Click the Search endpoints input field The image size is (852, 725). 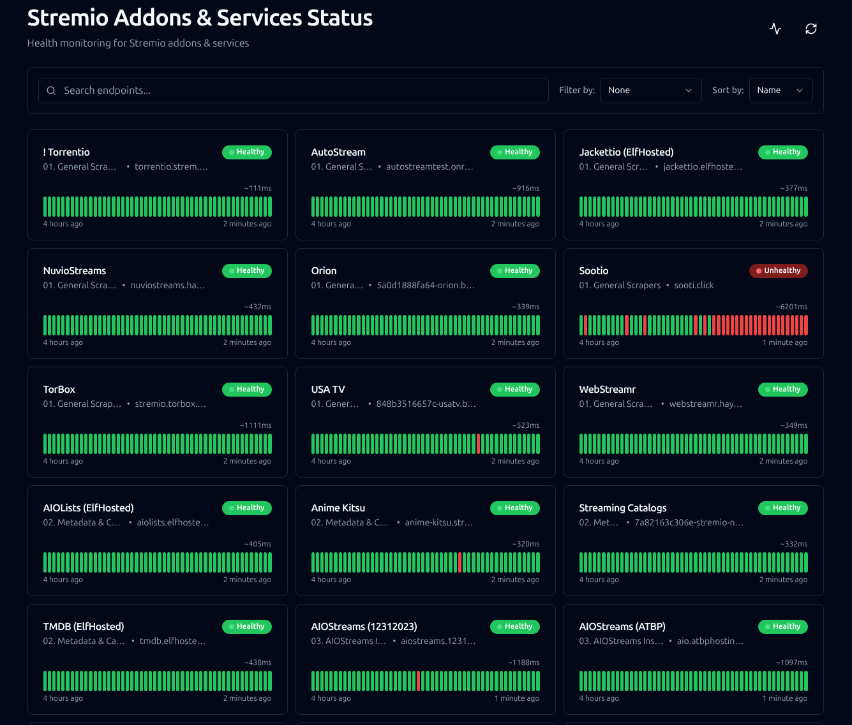pyautogui.click(x=293, y=90)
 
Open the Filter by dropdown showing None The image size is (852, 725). pyautogui.click(x=650, y=90)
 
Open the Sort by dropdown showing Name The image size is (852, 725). pyautogui.click(x=781, y=90)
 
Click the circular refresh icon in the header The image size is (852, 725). pyautogui.click(x=811, y=29)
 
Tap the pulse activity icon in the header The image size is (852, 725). pyautogui.click(x=775, y=29)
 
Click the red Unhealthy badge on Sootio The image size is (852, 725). pyautogui.click(x=778, y=270)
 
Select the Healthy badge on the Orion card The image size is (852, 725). pyautogui.click(x=515, y=270)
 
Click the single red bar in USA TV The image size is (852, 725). pyautogui.click(x=478, y=444)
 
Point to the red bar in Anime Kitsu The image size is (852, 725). pyautogui.click(x=460, y=562)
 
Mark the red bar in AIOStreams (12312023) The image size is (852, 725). pyautogui.click(x=419, y=681)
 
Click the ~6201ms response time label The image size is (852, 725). pyautogui.click(x=792, y=307)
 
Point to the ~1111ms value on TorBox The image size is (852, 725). pyautogui.click(x=255, y=425)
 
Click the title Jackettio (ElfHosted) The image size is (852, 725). pyautogui.click(x=626, y=152)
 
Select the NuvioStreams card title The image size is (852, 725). pyautogui.click(x=75, y=270)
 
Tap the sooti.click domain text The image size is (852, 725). pyautogui.click(x=694, y=285)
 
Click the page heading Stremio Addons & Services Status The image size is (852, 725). pyautogui.click(x=200, y=18)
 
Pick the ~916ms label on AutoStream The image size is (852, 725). pyautogui.click(x=526, y=188)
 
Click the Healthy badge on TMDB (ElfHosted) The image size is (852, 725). pyautogui.click(x=247, y=627)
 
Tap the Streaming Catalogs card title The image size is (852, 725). pyautogui.click(x=623, y=508)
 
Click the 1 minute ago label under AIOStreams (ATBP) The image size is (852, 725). pyautogui.click(x=785, y=698)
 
